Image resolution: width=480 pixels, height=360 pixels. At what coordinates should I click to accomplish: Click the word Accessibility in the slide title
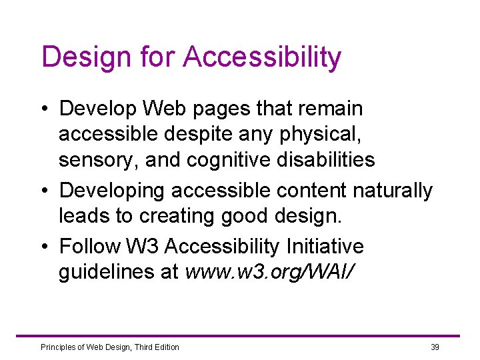tap(261, 57)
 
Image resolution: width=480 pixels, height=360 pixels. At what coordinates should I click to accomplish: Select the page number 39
tap(435, 347)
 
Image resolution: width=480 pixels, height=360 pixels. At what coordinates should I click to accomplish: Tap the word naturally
tap(393, 191)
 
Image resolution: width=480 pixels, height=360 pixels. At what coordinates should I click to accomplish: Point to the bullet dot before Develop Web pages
tap(45, 109)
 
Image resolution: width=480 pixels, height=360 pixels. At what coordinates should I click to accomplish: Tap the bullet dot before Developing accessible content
tap(45, 191)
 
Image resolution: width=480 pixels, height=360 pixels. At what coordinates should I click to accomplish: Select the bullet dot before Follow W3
tap(45, 247)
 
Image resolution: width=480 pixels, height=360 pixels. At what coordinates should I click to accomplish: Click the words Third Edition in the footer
tap(157, 347)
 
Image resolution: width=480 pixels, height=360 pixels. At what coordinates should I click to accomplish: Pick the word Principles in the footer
tap(59, 347)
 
